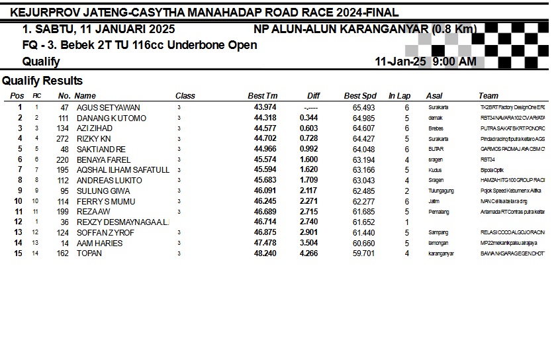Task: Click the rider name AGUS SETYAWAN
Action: click(108, 108)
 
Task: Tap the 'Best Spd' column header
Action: click(360, 96)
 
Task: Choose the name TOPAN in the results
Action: click(89, 253)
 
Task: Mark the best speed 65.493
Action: click(364, 108)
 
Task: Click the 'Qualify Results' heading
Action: click(42, 81)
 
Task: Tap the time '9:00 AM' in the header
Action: click(454, 62)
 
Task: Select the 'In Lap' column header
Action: click(399, 96)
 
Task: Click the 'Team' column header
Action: click(488, 96)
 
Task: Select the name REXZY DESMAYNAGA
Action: click(122, 222)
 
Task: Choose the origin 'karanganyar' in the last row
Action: click(441, 253)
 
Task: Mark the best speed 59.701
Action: click(364, 253)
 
